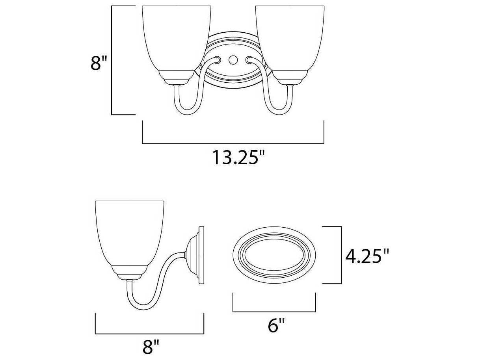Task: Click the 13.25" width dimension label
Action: pyautogui.click(x=238, y=158)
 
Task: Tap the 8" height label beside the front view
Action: pyautogui.click(x=99, y=63)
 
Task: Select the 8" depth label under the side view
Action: pyautogui.click(x=151, y=347)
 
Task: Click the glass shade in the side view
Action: pyautogui.click(x=129, y=233)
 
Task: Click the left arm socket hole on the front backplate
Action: pyautogui.click(x=217, y=60)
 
